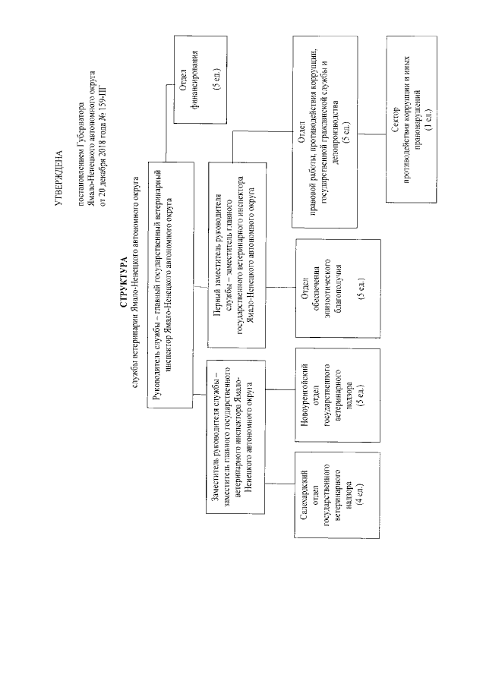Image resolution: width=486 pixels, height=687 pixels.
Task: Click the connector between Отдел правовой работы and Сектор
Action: click(372, 134)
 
